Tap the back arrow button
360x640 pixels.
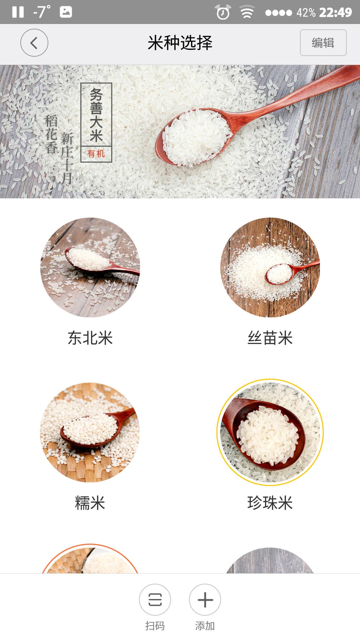click(34, 43)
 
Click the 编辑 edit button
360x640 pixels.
click(323, 43)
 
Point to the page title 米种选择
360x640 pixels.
click(180, 43)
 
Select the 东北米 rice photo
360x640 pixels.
click(90, 267)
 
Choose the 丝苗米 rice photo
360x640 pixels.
click(270, 267)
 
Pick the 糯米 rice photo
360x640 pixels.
click(90, 432)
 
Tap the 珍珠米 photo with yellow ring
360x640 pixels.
click(270, 432)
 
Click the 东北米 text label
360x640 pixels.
click(90, 338)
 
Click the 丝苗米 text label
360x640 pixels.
click(270, 338)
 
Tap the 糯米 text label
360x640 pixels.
click(90, 503)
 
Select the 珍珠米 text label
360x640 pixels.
click(270, 503)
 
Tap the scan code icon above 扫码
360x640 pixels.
click(155, 600)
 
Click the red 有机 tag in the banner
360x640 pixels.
click(96, 154)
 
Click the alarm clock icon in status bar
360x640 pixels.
click(223, 12)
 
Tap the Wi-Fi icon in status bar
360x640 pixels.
click(247, 12)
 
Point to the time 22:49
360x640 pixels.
click(336, 12)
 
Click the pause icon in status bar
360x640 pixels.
click(18, 12)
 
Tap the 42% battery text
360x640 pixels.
click(306, 12)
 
